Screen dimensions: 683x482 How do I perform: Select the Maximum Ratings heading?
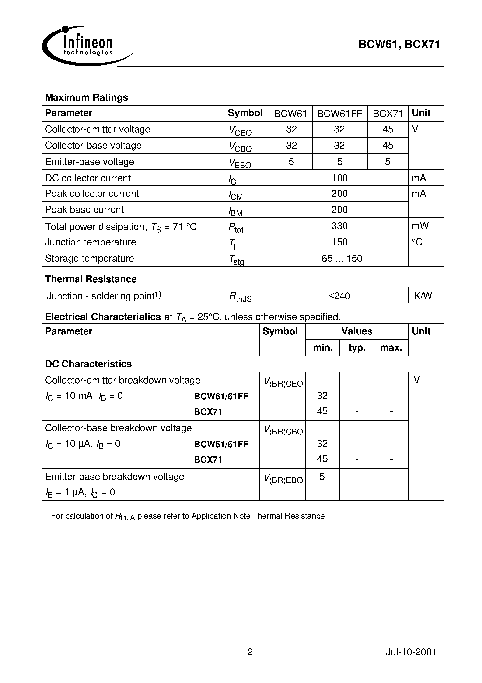[x=87, y=98]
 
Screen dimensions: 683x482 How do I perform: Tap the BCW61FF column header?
[x=339, y=114]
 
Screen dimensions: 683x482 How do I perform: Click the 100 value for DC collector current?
[x=339, y=178]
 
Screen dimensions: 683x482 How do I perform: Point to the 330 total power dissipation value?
[x=339, y=226]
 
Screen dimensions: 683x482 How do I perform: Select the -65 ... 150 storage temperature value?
[x=340, y=258]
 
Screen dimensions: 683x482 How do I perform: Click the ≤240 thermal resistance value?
[x=339, y=296]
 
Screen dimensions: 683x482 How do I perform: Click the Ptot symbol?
[x=236, y=228]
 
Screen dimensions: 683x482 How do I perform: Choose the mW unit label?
[x=420, y=226]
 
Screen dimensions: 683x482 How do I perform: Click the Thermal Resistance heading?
[x=91, y=279]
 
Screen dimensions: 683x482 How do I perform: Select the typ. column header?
[x=357, y=348]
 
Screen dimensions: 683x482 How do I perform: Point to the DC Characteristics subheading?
[x=88, y=364]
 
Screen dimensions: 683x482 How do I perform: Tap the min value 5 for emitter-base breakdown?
[x=322, y=477]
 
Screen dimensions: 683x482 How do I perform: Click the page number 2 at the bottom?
[x=250, y=652]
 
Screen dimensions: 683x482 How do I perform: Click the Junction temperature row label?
[x=90, y=242]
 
